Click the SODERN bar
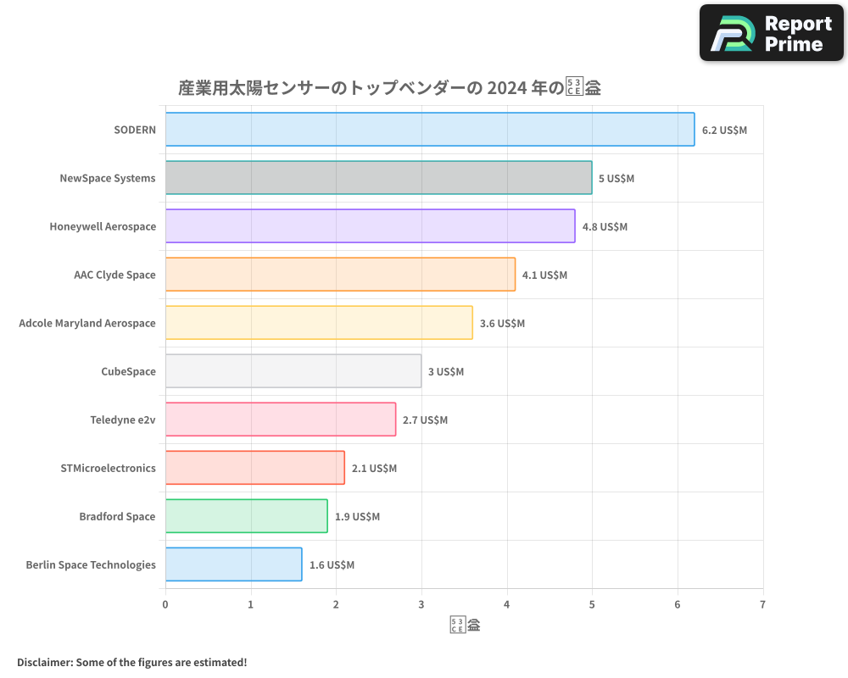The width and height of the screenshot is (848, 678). click(x=430, y=130)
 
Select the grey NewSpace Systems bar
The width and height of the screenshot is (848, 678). click(x=378, y=178)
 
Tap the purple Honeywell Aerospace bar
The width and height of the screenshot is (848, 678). click(x=370, y=226)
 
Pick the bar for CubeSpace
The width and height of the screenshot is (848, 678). click(x=293, y=371)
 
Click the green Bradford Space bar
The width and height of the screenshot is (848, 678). click(x=246, y=516)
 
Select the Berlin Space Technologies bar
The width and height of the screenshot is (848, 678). click(x=233, y=564)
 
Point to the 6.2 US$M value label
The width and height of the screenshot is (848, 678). click(x=724, y=130)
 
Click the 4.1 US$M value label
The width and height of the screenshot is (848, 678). click(x=544, y=275)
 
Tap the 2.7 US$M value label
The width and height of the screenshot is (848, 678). click(x=425, y=420)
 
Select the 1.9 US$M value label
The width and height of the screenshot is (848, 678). click(x=357, y=516)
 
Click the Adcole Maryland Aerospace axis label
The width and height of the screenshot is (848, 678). click(x=87, y=323)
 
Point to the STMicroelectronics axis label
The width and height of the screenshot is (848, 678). click(x=109, y=468)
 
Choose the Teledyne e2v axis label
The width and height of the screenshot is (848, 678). click(x=123, y=420)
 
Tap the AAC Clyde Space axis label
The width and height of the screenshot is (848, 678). click(x=114, y=275)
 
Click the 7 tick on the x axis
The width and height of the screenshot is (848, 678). click(x=762, y=604)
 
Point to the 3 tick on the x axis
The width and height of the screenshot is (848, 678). click(x=421, y=604)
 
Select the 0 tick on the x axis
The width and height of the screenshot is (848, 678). click(x=165, y=604)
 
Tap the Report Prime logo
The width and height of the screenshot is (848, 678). click(x=771, y=33)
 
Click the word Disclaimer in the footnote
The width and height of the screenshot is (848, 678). click(x=44, y=662)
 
